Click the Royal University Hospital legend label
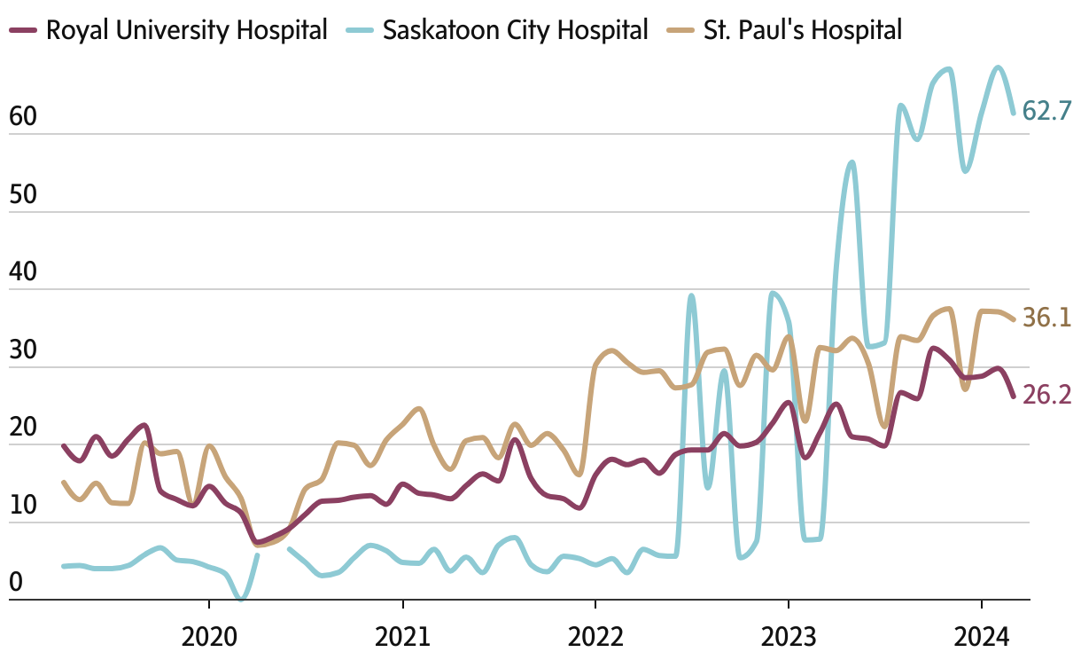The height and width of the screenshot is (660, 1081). coord(186,29)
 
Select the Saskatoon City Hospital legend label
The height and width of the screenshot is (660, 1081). coord(515,29)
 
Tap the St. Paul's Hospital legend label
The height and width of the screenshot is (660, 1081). coord(803,29)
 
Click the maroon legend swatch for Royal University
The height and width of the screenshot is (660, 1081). coord(23,30)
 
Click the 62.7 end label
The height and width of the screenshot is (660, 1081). coord(1047,111)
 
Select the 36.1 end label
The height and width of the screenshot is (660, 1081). coord(1047,318)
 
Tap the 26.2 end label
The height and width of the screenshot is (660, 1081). coord(1047,395)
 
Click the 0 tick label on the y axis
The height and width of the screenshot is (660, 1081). coord(16,584)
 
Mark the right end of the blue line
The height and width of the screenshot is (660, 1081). coord(1014,113)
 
